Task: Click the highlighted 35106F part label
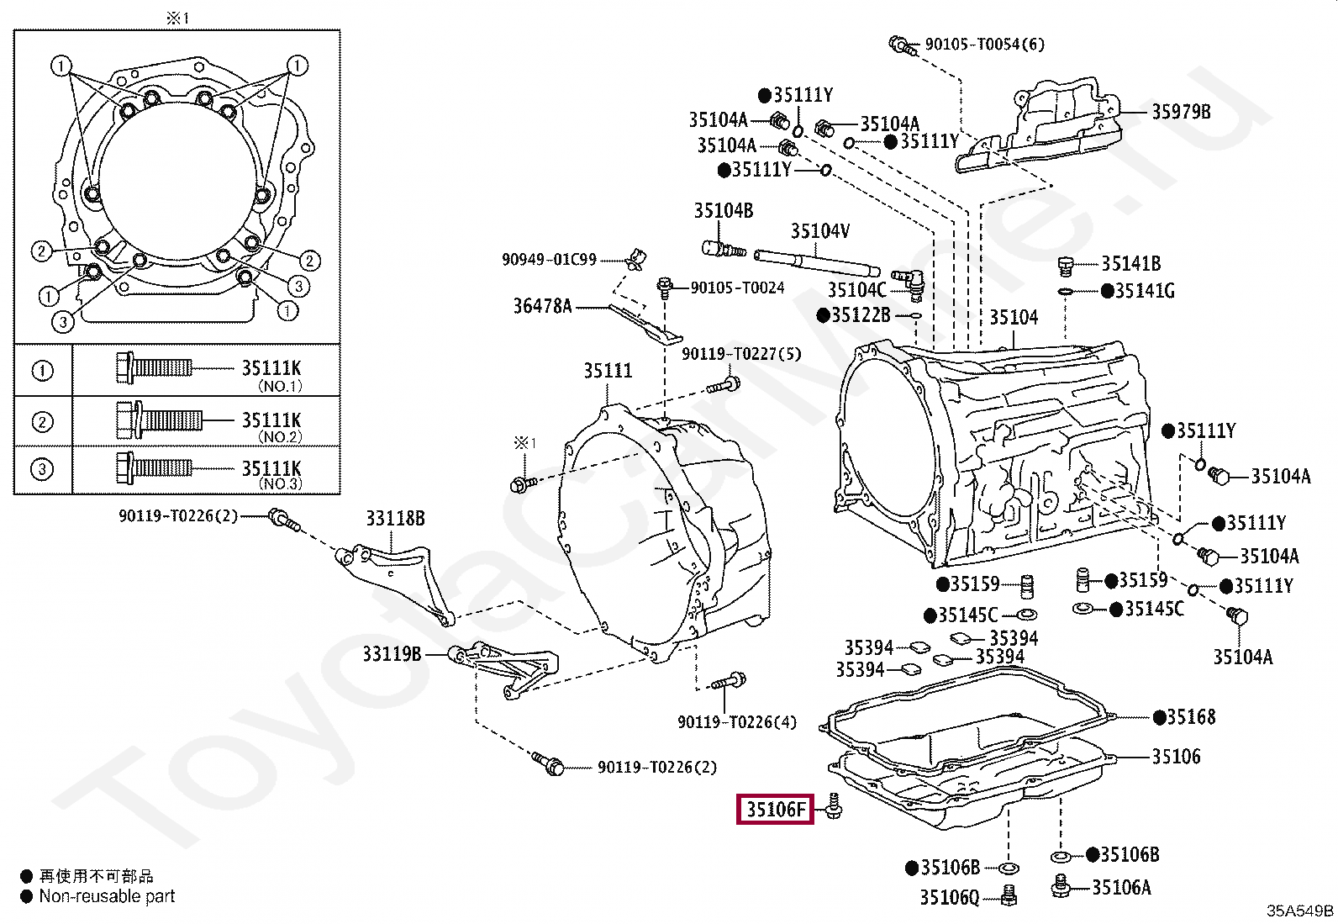[x=775, y=809]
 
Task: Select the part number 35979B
[x=1180, y=112]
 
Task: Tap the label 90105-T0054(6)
[x=984, y=44]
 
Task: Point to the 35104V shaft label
[x=819, y=230]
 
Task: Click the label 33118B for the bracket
[x=394, y=518]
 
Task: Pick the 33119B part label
[x=391, y=653]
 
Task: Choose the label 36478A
[x=542, y=306]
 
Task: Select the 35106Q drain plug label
[x=949, y=897]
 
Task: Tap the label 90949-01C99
[x=549, y=259]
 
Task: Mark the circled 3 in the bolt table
[x=42, y=469]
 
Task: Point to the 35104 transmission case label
[x=1013, y=317]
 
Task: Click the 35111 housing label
[x=608, y=370]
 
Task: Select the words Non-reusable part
[x=107, y=896]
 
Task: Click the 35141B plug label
[x=1130, y=264]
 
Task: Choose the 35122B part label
[x=860, y=315]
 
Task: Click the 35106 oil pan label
[x=1176, y=757]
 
